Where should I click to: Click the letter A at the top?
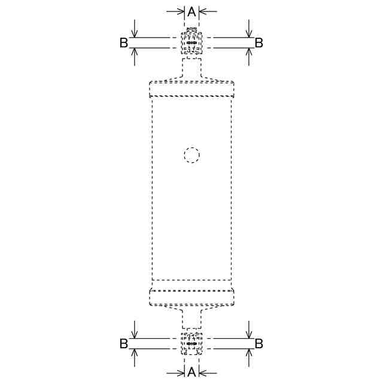tap(191, 12)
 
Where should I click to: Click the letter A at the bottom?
tap(191, 372)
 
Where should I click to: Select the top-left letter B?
tap(124, 42)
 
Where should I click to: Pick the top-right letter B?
tap(259, 42)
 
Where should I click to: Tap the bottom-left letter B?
tap(124, 344)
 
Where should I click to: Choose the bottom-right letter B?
tap(259, 344)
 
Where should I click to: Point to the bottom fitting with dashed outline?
tap(191, 344)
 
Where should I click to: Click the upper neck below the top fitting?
tap(191, 68)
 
